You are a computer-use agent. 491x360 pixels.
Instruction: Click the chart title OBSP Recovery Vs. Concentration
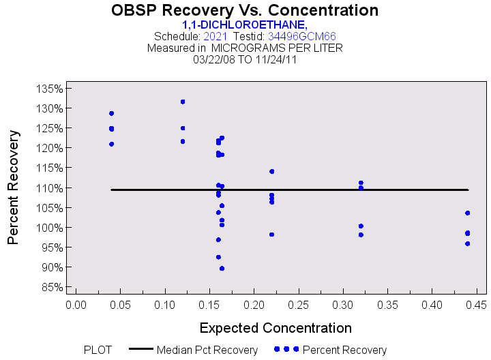pyautogui.click(x=245, y=11)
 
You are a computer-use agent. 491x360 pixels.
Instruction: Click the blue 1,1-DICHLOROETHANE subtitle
pyautogui.click(x=245, y=25)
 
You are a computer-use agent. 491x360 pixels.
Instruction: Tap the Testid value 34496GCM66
pyautogui.click(x=301, y=36)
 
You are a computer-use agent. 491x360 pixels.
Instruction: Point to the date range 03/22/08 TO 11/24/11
pyautogui.click(x=245, y=59)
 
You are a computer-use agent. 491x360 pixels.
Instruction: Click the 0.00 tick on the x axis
pyautogui.click(x=76, y=303)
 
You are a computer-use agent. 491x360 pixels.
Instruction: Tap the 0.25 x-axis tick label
pyautogui.click(x=298, y=303)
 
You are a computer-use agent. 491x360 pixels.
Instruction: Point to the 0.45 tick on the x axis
pyautogui.click(x=476, y=303)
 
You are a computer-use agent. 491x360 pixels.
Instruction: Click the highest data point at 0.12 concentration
pyautogui.click(x=183, y=102)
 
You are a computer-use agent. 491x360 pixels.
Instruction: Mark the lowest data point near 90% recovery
pyautogui.click(x=222, y=269)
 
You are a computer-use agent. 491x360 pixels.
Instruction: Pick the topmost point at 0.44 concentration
pyautogui.click(x=467, y=213)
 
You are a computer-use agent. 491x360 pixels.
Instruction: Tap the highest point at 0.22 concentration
pyautogui.click(x=271, y=171)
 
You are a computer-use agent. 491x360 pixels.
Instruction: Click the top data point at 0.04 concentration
pyautogui.click(x=111, y=113)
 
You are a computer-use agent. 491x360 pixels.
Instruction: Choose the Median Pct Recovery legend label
pyautogui.click(x=207, y=350)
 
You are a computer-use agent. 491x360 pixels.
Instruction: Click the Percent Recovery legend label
pyautogui.click(x=344, y=350)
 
